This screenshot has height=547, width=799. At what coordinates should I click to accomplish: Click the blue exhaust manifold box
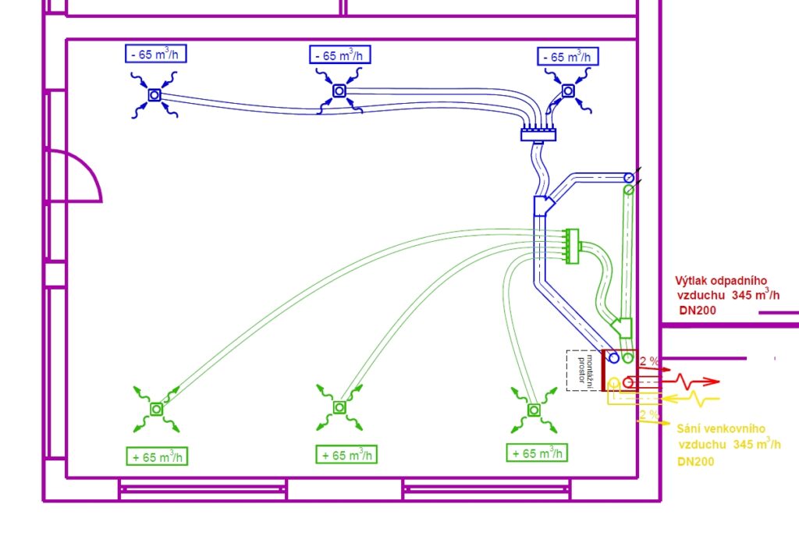[x=538, y=135]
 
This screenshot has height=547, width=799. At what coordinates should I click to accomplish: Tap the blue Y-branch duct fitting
[x=544, y=206]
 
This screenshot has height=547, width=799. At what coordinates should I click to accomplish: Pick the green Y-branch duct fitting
[x=622, y=326]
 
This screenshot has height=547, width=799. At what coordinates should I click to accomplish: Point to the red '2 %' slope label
[x=648, y=361]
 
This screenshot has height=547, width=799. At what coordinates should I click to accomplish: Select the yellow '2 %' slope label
[x=648, y=414]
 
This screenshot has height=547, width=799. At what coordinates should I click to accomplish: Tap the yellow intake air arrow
[x=687, y=399]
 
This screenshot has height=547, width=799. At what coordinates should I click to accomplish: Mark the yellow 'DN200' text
[x=696, y=461]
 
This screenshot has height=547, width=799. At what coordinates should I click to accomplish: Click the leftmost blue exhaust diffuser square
[x=154, y=95]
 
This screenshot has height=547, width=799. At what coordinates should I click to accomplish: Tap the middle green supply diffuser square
[x=339, y=407]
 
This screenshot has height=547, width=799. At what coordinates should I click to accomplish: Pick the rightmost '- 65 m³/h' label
[x=568, y=57]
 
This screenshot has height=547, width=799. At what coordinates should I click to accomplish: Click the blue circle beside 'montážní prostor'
[x=614, y=358]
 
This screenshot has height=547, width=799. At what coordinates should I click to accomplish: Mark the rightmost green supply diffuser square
[x=534, y=409]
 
